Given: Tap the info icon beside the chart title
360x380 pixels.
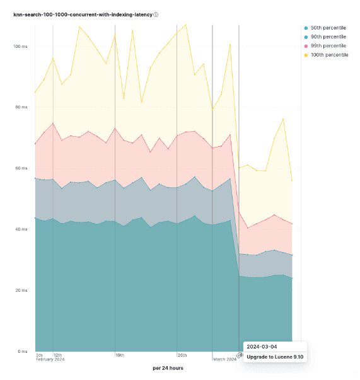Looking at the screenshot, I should (156, 14).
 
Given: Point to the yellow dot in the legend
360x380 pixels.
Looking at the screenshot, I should (306, 55).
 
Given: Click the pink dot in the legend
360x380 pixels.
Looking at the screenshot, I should (306, 46).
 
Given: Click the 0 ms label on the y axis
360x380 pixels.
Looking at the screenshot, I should (23, 351).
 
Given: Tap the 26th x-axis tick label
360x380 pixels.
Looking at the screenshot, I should (182, 355).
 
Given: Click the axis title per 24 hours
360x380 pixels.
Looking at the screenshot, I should (168, 368).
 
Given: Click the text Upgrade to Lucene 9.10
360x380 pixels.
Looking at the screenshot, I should (275, 357).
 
